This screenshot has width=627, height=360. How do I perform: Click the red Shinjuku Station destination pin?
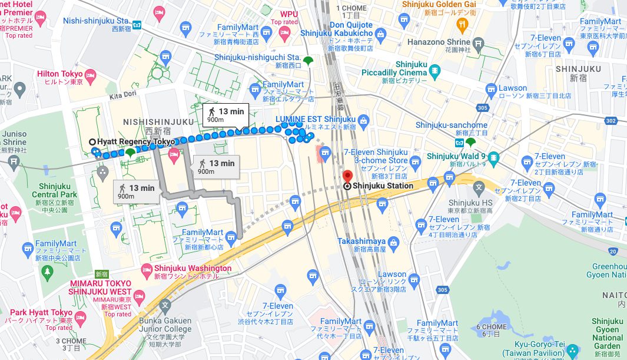[347, 176]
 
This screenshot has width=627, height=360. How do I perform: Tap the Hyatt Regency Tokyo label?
[135, 142]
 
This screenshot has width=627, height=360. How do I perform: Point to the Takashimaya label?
[361, 242]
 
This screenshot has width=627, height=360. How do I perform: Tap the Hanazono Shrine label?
[439, 42]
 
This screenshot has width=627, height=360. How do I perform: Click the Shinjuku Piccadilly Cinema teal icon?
[434, 72]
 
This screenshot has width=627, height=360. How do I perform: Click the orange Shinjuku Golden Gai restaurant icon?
[462, 25]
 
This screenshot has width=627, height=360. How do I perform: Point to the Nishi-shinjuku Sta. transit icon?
[137, 25]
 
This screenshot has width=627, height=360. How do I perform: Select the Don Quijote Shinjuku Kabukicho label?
[336, 29]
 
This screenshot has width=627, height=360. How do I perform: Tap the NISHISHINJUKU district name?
[158, 122]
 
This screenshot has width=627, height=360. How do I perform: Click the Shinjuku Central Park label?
[54, 190]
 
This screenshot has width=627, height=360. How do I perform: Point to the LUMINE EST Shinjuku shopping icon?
[363, 123]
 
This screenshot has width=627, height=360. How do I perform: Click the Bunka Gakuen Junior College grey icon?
[165, 306]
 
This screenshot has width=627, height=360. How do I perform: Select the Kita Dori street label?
[122, 94]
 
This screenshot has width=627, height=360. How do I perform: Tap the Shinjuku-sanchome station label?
[451, 125]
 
